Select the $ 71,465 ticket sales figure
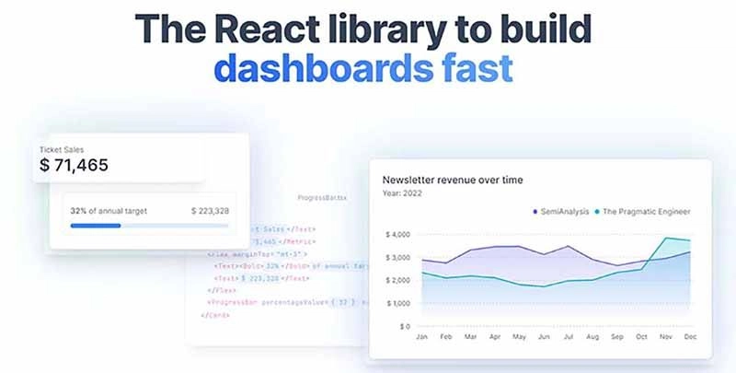[x=75, y=166]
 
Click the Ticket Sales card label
[x=63, y=148]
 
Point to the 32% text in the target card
[x=79, y=211]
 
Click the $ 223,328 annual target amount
[x=210, y=211]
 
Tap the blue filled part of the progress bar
[x=95, y=226]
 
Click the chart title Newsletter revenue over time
[x=453, y=180]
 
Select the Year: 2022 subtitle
[x=402, y=194]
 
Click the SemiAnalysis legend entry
[x=565, y=212]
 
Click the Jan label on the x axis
[x=422, y=337]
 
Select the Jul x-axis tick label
[x=569, y=337]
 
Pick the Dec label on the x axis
[x=690, y=337]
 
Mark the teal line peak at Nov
[x=666, y=239]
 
